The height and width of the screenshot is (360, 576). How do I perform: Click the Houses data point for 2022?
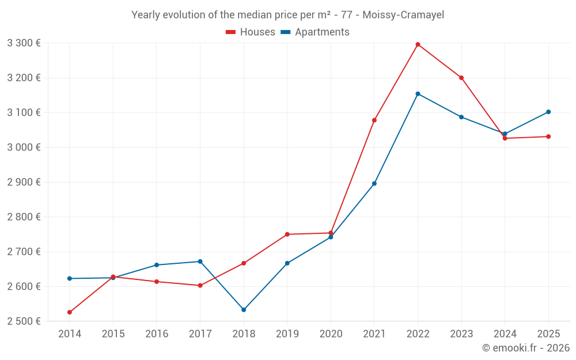tap(418, 44)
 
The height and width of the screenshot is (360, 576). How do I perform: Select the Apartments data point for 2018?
tap(244, 310)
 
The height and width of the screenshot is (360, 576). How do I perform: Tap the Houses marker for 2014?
tap(70, 312)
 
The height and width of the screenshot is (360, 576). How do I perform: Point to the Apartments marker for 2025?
tap(548, 112)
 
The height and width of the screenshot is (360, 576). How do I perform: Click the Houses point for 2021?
tap(374, 120)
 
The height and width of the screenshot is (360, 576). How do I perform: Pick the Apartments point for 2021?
tap(374, 184)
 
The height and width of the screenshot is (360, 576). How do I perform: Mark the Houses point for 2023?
tap(461, 78)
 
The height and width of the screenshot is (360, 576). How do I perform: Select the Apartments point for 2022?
tap(418, 94)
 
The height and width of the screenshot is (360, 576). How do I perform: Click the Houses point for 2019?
tap(287, 234)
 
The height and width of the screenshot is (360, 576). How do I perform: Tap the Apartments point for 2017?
tap(200, 262)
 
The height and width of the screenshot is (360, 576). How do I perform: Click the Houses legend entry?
tap(251, 32)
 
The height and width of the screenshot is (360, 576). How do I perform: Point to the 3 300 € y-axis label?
tap(24, 43)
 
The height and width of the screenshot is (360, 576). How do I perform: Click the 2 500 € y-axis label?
tap(24, 321)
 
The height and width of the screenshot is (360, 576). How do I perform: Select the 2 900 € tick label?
tap(24, 182)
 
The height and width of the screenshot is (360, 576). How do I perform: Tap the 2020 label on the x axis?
tap(331, 334)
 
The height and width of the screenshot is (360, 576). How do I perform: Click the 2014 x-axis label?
tap(70, 334)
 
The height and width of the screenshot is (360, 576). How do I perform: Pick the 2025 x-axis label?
tap(548, 334)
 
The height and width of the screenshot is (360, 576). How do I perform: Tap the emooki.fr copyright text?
tap(526, 348)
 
